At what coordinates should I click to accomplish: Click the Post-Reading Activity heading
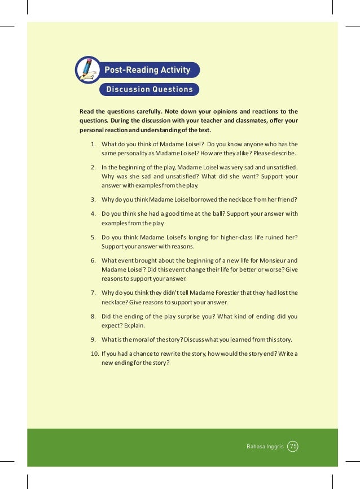click(147, 70)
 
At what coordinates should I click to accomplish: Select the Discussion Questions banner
click(149, 89)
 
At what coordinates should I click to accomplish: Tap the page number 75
click(292, 447)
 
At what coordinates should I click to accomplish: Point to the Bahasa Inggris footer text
click(265, 447)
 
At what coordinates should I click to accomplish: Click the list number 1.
click(92, 145)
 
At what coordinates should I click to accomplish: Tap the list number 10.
click(94, 353)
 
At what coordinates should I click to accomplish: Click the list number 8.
click(92, 317)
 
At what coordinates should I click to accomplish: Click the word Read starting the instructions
click(87, 111)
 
